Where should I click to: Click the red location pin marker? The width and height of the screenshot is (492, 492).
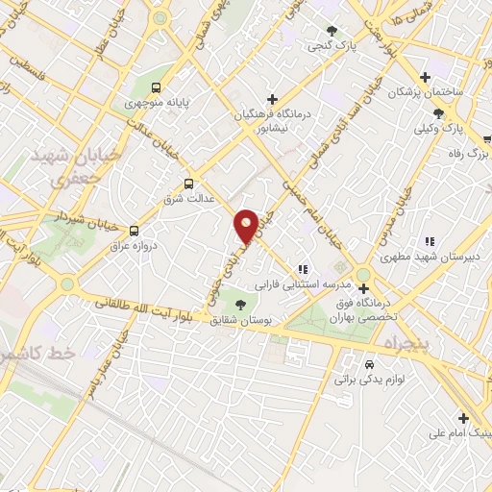pyautogui.click(x=246, y=226)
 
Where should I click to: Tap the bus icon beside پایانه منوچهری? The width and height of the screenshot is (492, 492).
pyautogui.click(x=158, y=84)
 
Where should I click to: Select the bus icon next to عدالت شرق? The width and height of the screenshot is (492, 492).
pyautogui.click(x=187, y=183)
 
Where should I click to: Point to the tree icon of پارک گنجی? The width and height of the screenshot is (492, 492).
pyautogui.click(x=332, y=31)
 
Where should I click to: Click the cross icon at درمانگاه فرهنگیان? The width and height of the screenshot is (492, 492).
pyautogui.click(x=273, y=99)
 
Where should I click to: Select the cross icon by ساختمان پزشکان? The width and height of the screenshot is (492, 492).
pyautogui.click(x=426, y=77)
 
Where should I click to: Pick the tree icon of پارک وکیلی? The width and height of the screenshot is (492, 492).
pyautogui.click(x=438, y=112)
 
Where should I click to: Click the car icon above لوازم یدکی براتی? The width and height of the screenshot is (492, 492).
pyautogui.click(x=370, y=364)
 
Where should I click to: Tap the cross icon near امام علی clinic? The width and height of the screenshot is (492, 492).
pyautogui.click(x=463, y=418)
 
